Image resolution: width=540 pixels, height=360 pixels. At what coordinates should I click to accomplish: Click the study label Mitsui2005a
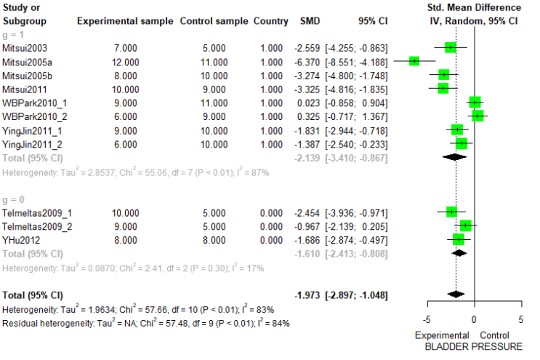(27, 63)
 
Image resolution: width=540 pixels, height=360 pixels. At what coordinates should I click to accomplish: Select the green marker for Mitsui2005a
(414, 61)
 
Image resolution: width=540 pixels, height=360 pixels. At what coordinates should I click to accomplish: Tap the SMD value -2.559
(307, 48)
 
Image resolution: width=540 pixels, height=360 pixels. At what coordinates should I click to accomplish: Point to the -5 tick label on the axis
(427, 319)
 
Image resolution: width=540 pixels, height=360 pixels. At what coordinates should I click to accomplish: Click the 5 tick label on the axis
(520, 319)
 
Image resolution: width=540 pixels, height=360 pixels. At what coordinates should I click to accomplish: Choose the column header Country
(270, 21)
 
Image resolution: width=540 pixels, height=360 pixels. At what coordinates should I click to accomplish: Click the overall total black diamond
(456, 295)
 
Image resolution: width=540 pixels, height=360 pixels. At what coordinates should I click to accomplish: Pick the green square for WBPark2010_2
(477, 116)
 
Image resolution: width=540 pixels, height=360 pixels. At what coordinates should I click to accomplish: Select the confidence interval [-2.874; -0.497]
(356, 240)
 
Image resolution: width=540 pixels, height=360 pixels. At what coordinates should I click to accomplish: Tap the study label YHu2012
(21, 240)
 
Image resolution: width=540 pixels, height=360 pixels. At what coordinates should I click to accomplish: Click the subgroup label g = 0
(13, 200)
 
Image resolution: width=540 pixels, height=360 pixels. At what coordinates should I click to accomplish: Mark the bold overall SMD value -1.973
(307, 295)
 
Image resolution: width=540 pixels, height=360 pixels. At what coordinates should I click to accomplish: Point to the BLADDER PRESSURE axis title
(474, 347)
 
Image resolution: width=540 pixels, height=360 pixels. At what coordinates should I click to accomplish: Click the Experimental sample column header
(125, 21)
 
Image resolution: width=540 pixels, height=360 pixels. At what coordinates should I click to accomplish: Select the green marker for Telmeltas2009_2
(466, 225)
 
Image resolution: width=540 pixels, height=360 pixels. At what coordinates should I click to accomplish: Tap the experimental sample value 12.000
(125, 63)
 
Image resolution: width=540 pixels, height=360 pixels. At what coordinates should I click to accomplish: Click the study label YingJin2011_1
(32, 131)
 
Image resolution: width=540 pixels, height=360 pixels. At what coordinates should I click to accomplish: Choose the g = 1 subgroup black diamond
(454, 157)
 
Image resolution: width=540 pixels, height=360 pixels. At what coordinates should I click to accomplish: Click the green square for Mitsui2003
(451, 47)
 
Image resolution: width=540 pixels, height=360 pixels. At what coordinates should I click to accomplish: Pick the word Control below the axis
(494, 335)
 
